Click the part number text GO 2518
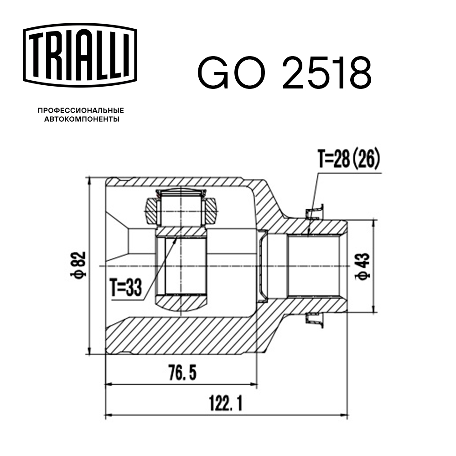pyautogui.click(x=284, y=73)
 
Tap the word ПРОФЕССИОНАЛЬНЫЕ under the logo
pyautogui.click(x=81, y=110)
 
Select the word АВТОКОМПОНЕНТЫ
pyautogui.click(x=81, y=119)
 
